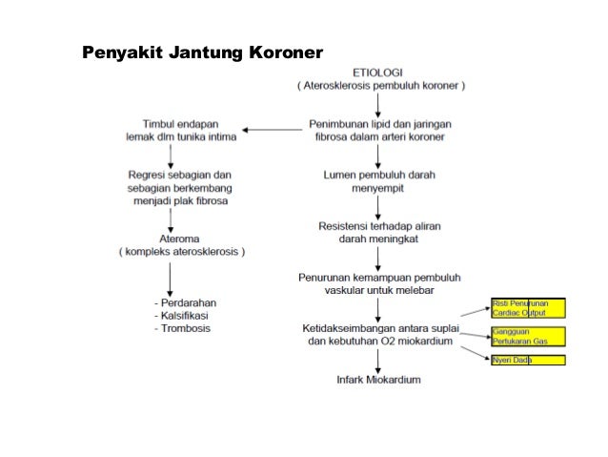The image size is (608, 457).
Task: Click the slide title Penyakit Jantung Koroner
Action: pos(203,50)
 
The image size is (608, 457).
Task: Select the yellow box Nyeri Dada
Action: pos(527,360)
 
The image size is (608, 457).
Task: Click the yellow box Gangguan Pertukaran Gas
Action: pos(527,336)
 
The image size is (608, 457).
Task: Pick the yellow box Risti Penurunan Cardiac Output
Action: pos(527,307)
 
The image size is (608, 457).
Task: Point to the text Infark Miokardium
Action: pos(378,379)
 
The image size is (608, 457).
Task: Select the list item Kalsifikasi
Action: pos(185,315)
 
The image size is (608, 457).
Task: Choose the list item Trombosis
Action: pos(183,328)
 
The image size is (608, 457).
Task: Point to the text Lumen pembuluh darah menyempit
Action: pos(378,182)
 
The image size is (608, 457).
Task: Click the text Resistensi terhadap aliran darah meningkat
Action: pos(378,232)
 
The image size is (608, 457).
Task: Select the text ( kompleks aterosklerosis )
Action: pos(181,252)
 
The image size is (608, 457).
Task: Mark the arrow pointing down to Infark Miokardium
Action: pos(378,361)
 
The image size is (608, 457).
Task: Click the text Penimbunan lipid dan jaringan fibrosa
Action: pos(378,130)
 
